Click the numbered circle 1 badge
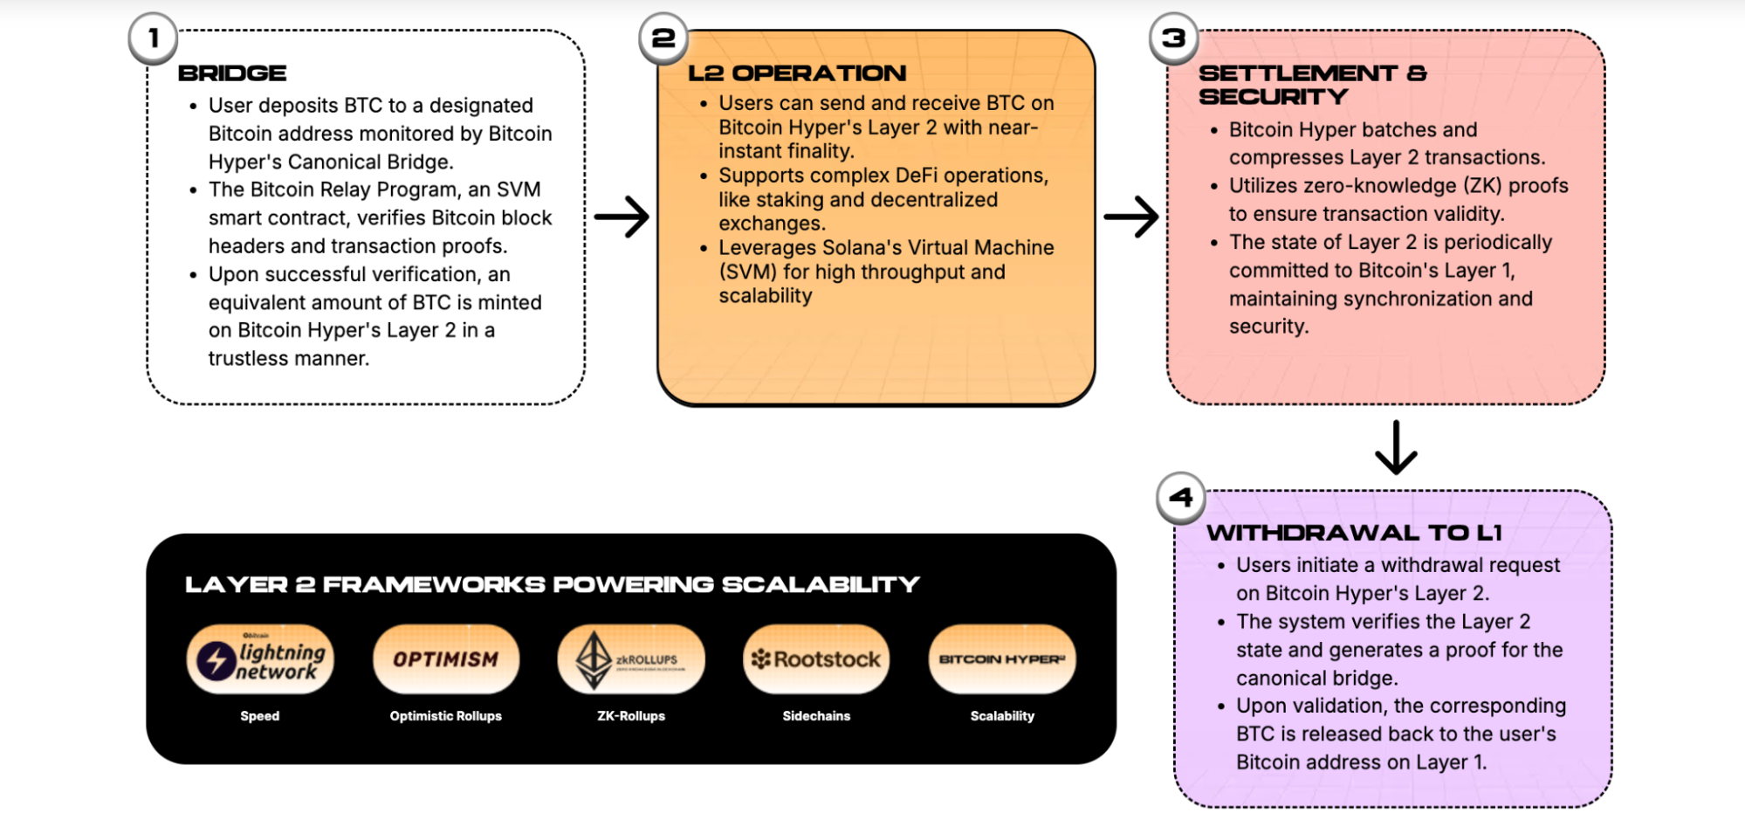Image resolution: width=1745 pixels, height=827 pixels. point(154,38)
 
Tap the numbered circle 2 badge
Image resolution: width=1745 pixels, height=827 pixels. point(663,38)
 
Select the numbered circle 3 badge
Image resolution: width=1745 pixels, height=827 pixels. point(1173,38)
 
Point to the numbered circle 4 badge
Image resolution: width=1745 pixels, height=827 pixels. point(1180,498)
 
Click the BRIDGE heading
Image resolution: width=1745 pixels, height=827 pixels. point(232,73)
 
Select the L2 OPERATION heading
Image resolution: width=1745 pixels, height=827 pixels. point(797,73)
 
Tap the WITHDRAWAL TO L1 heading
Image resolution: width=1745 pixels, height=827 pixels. point(1354,533)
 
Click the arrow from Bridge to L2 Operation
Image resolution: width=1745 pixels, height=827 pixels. point(622,217)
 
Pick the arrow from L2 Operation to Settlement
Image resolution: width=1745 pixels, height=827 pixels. point(1131,217)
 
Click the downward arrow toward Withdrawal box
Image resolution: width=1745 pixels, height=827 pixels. point(1396,447)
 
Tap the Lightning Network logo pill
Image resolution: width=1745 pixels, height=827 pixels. point(260,659)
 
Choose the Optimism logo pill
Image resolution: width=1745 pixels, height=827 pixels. point(446,659)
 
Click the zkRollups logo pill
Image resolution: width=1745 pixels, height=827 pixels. point(631,659)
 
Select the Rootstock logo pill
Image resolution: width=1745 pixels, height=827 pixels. point(817,659)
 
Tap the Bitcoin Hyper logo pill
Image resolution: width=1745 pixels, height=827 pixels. point(1002,659)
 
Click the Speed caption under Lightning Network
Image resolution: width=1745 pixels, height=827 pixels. point(260,716)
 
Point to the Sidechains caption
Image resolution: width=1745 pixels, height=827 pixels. point(816,716)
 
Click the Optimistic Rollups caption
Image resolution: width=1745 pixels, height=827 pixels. point(446,716)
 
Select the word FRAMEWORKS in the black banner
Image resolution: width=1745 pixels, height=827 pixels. point(434,584)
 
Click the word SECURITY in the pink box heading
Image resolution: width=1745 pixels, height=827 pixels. point(1273,97)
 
